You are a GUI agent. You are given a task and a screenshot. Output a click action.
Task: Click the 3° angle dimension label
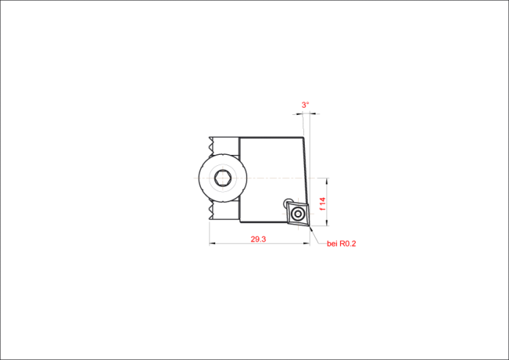[x=305, y=105]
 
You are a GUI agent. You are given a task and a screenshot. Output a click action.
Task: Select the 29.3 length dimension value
[x=258, y=239]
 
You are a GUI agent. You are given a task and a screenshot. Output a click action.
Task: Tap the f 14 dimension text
[x=322, y=204]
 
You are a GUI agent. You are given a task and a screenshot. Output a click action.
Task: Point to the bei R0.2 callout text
[x=341, y=244]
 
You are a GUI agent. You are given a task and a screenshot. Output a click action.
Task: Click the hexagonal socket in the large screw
[x=223, y=178]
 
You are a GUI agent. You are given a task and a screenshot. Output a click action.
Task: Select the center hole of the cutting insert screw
[x=297, y=214]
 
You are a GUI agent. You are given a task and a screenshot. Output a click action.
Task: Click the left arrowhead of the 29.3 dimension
[x=212, y=243]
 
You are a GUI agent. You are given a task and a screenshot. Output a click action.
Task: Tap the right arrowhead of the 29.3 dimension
[x=307, y=243]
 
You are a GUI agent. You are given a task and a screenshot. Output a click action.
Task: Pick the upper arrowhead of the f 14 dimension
[x=327, y=181]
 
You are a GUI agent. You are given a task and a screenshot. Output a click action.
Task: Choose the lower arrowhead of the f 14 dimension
[x=327, y=223]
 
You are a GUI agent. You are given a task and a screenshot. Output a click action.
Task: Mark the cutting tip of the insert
[x=310, y=227]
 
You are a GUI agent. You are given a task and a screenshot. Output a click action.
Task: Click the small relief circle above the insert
[x=288, y=201]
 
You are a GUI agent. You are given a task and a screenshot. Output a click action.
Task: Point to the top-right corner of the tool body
[x=303, y=137]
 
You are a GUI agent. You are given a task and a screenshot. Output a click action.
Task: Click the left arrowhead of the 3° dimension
[x=300, y=114]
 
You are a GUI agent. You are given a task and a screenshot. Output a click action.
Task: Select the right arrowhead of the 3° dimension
[x=313, y=114]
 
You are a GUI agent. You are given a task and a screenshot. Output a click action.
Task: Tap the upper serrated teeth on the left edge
[x=212, y=145]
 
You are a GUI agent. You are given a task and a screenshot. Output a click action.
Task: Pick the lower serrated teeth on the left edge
[x=212, y=212]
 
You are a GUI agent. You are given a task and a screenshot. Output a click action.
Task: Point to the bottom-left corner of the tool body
[x=240, y=222]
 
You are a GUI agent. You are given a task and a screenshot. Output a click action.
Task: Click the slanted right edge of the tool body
[x=306, y=171]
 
